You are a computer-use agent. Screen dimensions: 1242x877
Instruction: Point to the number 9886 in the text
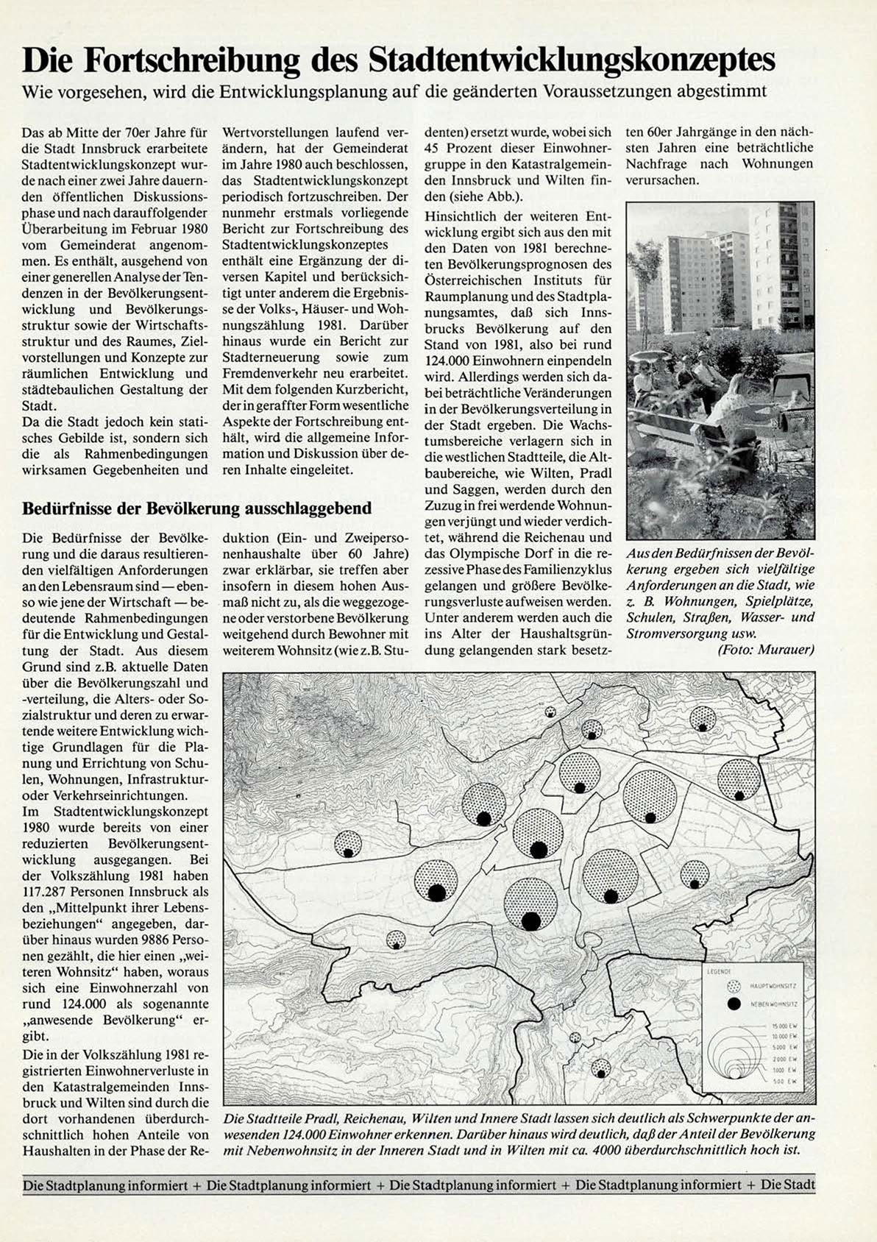pos(152,940)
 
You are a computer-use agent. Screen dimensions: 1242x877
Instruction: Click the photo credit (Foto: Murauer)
pos(765,649)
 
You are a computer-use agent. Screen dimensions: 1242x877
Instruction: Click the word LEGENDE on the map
pos(719,971)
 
